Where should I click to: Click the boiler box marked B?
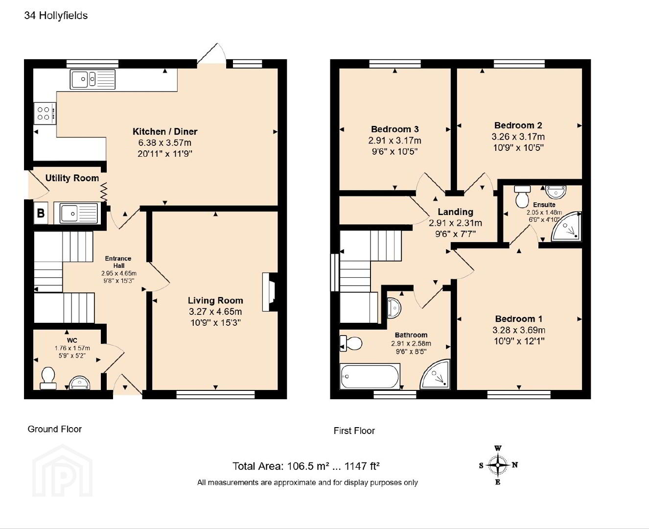click(x=41, y=213)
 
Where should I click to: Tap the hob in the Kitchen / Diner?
click(x=45, y=113)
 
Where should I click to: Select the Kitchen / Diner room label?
click(x=165, y=131)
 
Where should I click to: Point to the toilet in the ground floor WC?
click(x=48, y=378)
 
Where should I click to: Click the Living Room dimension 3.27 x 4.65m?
click(x=215, y=312)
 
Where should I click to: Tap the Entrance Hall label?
click(x=118, y=262)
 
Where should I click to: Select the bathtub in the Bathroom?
click(x=370, y=376)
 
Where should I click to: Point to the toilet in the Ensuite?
click(x=522, y=196)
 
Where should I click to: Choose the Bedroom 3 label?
click(x=395, y=129)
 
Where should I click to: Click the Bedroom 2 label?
click(x=518, y=125)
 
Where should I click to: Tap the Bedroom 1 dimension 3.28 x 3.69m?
click(x=519, y=330)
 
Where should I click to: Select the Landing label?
click(x=455, y=212)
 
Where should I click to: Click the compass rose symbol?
click(x=498, y=465)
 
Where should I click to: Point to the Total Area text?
click(x=306, y=466)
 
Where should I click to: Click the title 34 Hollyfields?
click(x=56, y=16)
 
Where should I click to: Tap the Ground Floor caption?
click(x=54, y=429)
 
